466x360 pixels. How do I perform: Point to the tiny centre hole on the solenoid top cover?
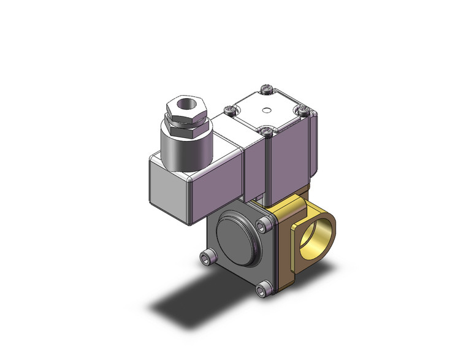pyautogui.click(x=265, y=112)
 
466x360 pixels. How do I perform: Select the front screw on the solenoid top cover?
pyautogui.click(x=265, y=129)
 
